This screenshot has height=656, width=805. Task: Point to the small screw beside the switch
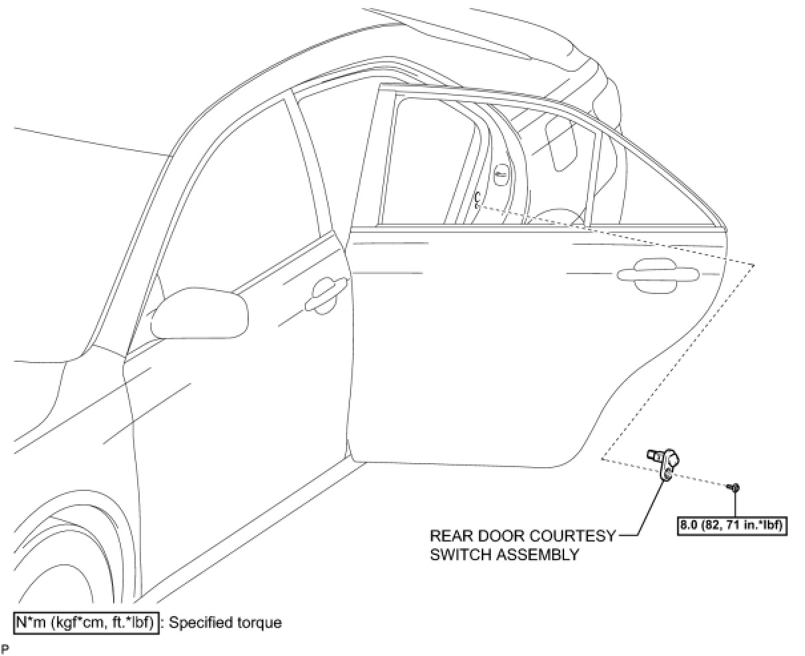(x=734, y=488)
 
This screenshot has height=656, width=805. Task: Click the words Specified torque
(x=226, y=623)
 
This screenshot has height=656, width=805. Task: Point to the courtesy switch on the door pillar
(x=477, y=199)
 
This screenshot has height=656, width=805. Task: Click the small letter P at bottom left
(x=5, y=648)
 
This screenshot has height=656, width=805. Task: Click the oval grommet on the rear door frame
(x=502, y=174)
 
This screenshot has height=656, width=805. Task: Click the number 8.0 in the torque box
(x=689, y=525)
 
